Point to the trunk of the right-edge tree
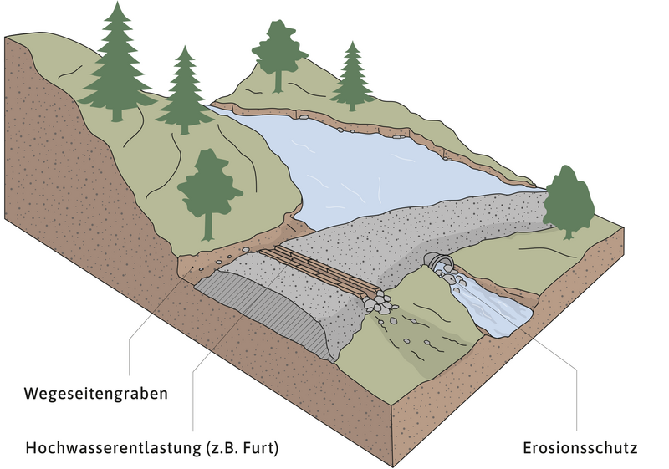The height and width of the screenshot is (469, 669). coord(572,232)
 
